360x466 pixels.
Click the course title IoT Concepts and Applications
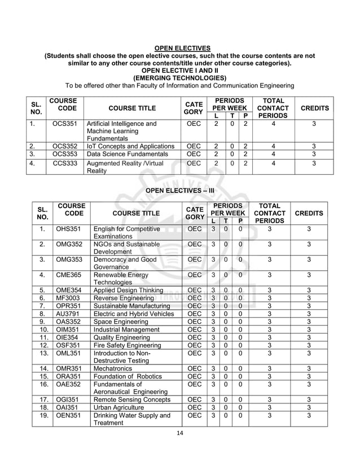point(129,145)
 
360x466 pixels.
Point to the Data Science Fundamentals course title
point(123,153)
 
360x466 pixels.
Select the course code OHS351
point(67,229)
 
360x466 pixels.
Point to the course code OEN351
point(67,416)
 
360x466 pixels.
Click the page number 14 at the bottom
point(180,433)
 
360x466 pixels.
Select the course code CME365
point(67,275)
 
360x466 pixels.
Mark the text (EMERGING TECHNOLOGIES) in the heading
point(180,78)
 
